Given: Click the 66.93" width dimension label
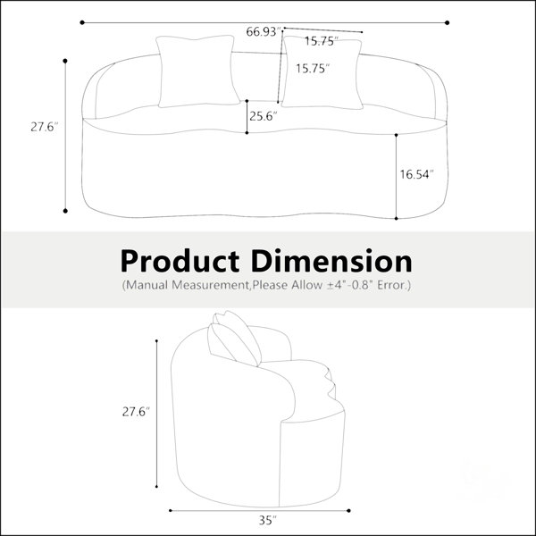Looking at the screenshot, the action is click(x=263, y=32).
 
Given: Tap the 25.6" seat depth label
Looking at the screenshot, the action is click(x=263, y=116).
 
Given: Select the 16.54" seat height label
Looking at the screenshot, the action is click(x=416, y=174).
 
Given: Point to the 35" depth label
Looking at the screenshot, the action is click(x=268, y=520).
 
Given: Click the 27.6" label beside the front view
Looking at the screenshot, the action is click(x=45, y=127).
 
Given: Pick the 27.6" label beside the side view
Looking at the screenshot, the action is click(x=136, y=412).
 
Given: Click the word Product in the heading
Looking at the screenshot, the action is click(x=180, y=261).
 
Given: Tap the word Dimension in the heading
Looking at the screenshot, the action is click(x=331, y=261).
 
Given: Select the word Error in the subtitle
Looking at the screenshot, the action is click(x=390, y=285).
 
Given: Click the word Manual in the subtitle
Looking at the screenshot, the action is click(x=147, y=285).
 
